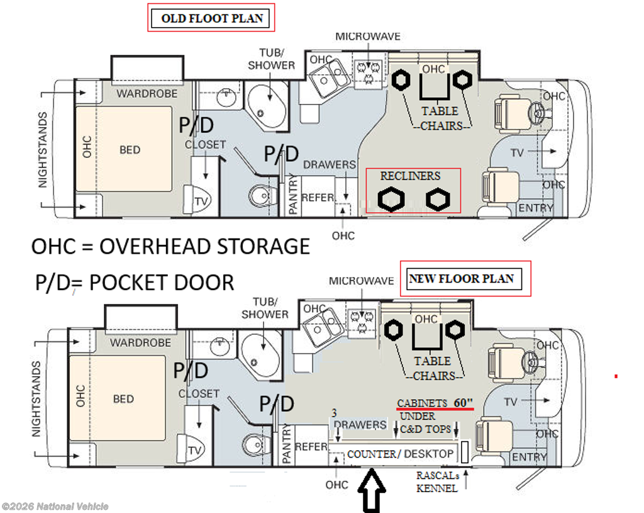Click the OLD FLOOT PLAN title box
point(211,18)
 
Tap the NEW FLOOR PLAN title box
point(465,279)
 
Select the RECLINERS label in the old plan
point(410,176)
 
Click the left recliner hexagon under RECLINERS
point(391,200)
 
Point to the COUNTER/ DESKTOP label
point(400,454)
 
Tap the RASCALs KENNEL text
point(438,482)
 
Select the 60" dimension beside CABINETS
point(463,403)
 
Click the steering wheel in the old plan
point(537,112)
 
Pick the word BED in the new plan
point(123,399)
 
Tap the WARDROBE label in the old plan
point(147,94)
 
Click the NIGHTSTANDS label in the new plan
point(36,399)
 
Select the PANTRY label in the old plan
point(292,194)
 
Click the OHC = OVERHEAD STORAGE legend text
point(171,247)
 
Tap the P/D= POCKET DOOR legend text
point(135,283)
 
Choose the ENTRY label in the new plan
point(529,457)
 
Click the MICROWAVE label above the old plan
point(368,37)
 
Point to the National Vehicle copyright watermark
point(55,507)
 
